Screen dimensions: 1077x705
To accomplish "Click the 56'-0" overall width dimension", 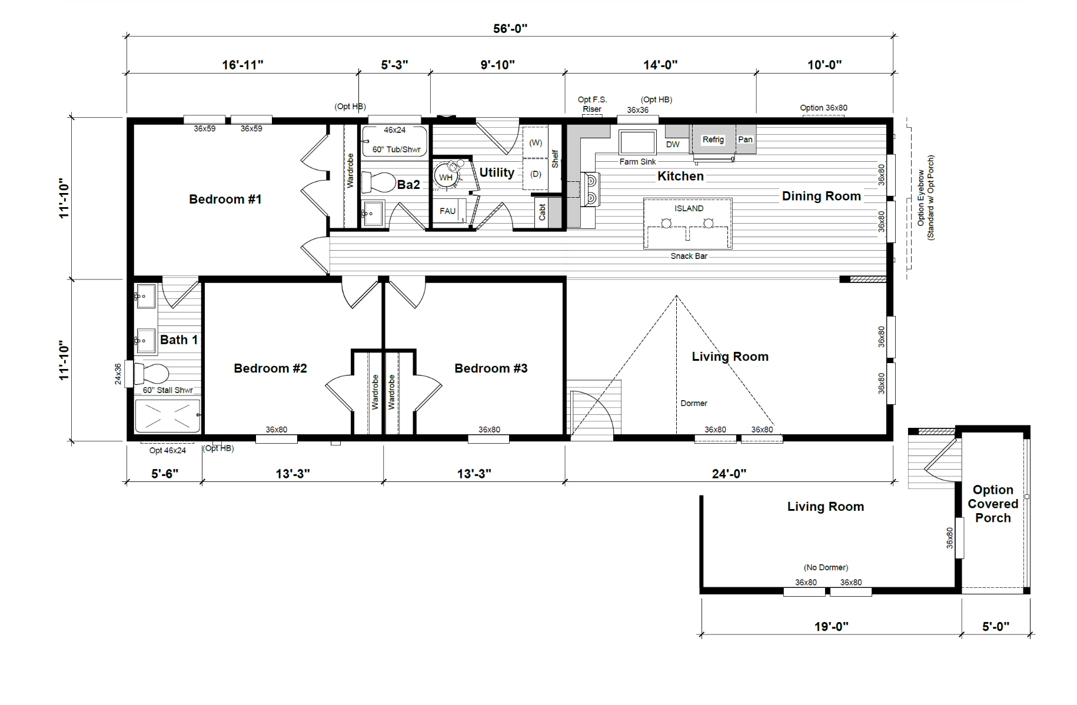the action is point(510,28).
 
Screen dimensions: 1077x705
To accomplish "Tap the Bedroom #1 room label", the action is point(225,199).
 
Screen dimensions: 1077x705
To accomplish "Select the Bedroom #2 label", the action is point(270,368).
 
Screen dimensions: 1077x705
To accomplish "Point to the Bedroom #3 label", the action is point(491,368).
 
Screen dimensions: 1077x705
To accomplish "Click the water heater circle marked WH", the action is point(446,176).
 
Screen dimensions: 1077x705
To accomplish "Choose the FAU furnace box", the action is point(449,211).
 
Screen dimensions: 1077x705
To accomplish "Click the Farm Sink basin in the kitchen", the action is point(637,142).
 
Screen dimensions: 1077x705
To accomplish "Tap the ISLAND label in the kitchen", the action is point(689,208).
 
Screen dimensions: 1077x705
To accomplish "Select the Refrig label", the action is point(713,139).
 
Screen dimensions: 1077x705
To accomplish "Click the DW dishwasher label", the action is point(673,144).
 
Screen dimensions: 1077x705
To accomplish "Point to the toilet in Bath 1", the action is point(151,373).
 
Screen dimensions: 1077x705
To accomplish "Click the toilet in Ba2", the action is point(378,182).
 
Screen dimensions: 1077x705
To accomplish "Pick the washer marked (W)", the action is point(536,142).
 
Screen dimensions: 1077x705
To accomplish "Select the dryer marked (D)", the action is point(536,174).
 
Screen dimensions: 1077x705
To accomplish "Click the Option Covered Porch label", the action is point(993,504).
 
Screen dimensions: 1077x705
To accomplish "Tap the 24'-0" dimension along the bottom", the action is point(729,474).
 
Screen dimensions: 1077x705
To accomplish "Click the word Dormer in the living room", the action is point(694,403).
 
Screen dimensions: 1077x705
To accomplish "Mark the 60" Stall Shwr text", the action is point(168,390).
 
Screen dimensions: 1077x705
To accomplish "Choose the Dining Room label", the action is point(821,196).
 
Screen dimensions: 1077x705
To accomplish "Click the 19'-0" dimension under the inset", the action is point(831,627).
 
